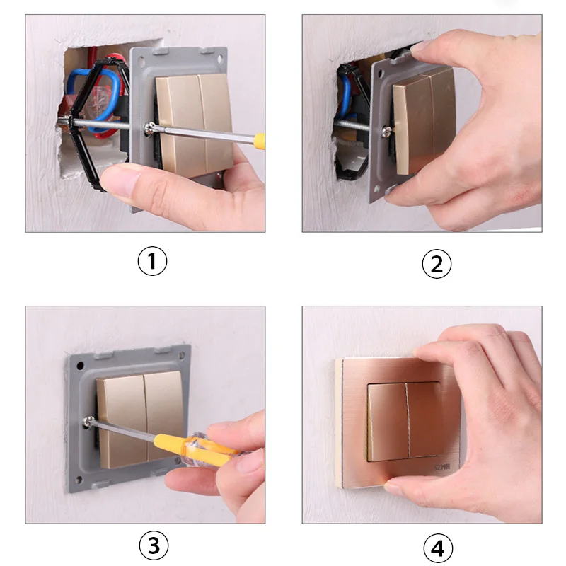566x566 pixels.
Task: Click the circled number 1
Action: point(151,262)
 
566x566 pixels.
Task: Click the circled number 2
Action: point(437,263)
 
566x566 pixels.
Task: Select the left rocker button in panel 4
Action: point(388,421)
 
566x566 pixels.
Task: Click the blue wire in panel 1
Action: point(79,88)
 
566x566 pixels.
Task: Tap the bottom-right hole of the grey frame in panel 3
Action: point(177,461)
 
